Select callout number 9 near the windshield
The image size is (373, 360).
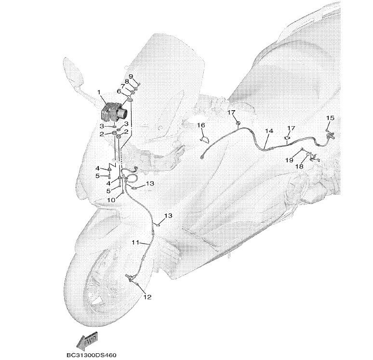click(131, 76)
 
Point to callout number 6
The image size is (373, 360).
click(119, 91)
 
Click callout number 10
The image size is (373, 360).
click(111, 200)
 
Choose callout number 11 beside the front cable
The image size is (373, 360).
click(135, 243)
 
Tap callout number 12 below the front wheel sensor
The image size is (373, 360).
click(147, 297)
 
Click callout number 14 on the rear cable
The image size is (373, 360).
click(269, 131)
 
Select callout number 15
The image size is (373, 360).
click(330, 117)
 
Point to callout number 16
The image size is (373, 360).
click(201, 125)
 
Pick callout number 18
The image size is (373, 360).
click(299, 167)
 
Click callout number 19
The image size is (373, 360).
click(289, 160)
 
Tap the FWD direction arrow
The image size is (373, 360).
click(87, 341)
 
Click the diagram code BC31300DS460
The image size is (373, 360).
click(92, 355)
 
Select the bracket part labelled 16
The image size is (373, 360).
click(204, 139)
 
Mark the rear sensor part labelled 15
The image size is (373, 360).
click(330, 135)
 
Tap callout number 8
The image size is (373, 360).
click(127, 81)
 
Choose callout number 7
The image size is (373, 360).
click(123, 86)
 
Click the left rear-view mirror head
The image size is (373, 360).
click(73, 72)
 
